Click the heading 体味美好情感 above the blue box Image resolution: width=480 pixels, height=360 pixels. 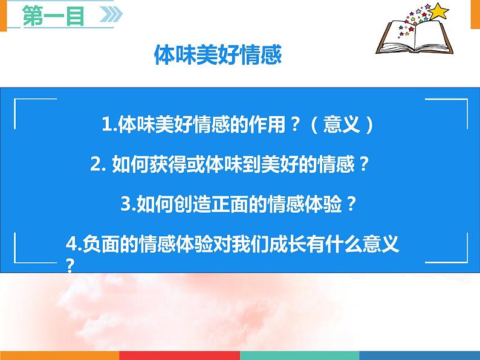click(x=218, y=56)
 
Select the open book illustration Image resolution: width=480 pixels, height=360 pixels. click(x=411, y=39)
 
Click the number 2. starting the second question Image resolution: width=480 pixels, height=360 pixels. click(x=97, y=164)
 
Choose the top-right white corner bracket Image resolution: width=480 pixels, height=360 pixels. click(x=455, y=106)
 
